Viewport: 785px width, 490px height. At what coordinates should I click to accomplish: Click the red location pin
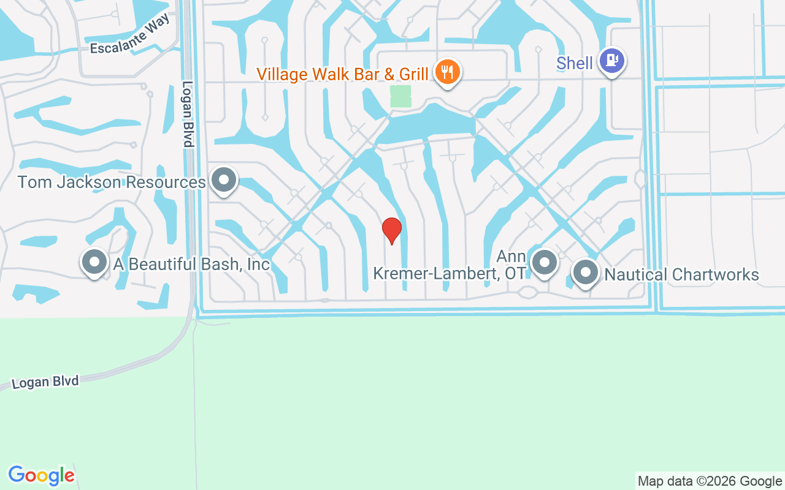tap(391, 230)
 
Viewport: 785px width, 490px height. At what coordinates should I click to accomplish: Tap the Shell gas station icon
tap(611, 61)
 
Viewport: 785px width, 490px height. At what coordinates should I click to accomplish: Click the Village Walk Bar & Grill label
tap(342, 74)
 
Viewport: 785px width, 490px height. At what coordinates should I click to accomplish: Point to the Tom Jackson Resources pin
tap(223, 180)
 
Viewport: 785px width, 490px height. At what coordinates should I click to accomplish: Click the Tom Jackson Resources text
tap(111, 182)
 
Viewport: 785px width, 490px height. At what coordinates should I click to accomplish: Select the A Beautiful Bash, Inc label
tap(191, 264)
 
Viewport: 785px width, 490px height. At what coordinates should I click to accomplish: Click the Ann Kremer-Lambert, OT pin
tap(543, 262)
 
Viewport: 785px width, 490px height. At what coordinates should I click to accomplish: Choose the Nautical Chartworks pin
tap(585, 272)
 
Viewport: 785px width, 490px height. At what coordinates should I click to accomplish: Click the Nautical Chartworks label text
tap(681, 274)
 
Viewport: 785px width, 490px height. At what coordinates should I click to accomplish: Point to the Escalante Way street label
tap(129, 39)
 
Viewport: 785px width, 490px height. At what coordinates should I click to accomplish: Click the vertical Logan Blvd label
tap(188, 114)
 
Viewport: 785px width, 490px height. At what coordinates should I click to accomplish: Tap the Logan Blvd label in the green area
tap(45, 382)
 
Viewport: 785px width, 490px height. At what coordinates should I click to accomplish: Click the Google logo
tap(41, 475)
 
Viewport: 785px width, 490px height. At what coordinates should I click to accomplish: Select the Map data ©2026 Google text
tap(710, 481)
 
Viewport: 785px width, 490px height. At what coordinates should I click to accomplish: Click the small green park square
tap(400, 96)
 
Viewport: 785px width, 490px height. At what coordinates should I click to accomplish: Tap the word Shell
tap(575, 63)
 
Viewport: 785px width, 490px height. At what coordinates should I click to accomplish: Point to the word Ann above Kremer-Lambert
tap(511, 256)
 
